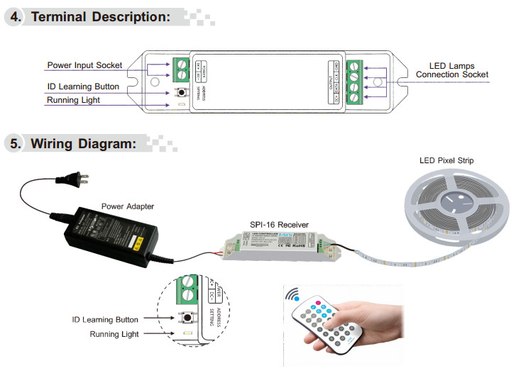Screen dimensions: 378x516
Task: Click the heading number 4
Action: click(x=15, y=16)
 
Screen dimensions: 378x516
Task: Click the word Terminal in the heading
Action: click(x=62, y=16)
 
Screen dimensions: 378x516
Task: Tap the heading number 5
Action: click(x=15, y=144)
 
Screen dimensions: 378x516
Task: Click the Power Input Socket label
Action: click(x=84, y=66)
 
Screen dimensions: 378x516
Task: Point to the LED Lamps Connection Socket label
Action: click(x=451, y=70)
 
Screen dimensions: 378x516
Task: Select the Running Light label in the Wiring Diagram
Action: click(x=114, y=333)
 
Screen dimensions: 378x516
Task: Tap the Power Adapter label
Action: click(x=128, y=206)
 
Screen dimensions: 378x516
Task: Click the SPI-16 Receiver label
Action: click(x=279, y=225)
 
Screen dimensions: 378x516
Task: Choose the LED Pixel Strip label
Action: click(x=446, y=161)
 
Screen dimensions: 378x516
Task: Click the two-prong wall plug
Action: click(x=75, y=181)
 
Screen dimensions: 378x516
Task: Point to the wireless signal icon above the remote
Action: click(x=292, y=295)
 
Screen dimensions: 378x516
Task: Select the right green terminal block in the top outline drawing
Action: click(x=353, y=83)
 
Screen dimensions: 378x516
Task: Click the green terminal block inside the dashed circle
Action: click(x=188, y=287)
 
